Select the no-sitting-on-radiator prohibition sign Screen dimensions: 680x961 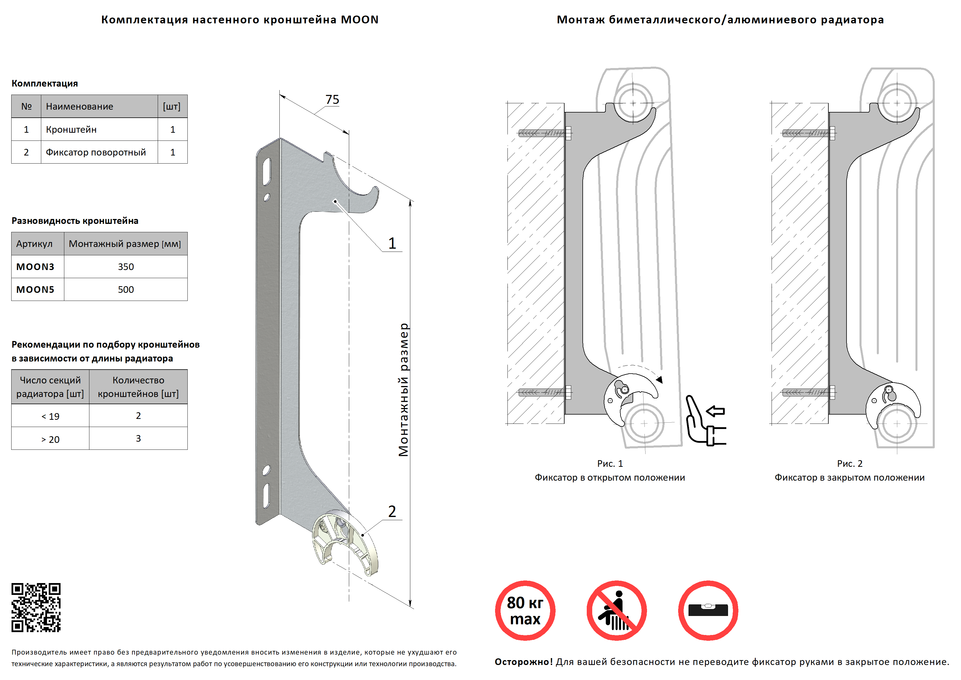point(616,610)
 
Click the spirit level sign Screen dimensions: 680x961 point(708,610)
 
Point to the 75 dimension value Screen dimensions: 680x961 point(332,100)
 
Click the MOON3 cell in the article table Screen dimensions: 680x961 point(35,267)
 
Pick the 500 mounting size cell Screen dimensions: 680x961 point(125,290)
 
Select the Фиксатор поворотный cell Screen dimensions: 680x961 point(96,152)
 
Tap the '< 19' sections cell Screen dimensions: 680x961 point(50,416)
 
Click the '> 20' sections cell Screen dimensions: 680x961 point(50,439)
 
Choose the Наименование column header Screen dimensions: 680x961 point(80,106)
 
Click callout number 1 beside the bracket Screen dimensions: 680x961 point(392,243)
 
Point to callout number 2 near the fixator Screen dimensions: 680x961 point(392,511)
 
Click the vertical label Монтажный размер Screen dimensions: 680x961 point(403,389)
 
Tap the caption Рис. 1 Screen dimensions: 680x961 point(610,464)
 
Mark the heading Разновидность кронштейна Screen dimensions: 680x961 point(75,221)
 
